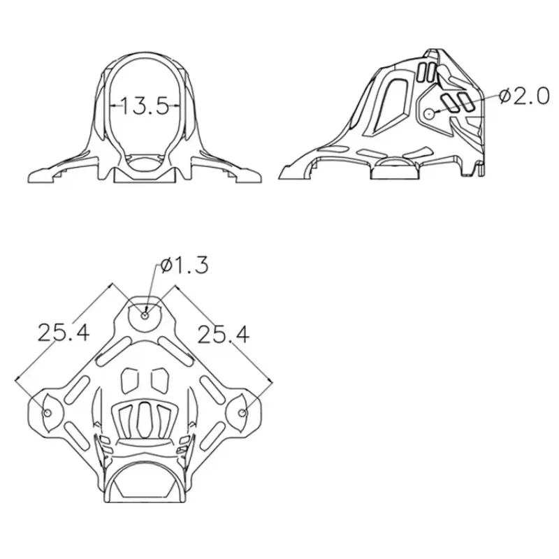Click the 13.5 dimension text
pyautogui.click(x=145, y=106)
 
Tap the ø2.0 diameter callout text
pyautogui.click(x=524, y=96)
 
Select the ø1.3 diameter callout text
pyautogui.click(x=184, y=266)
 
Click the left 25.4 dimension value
pyautogui.click(x=64, y=333)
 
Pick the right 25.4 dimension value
pyautogui.click(x=223, y=335)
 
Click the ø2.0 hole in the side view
pyautogui.click(x=429, y=114)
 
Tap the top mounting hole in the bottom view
pyautogui.click(x=145, y=316)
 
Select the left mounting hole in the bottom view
pyautogui.click(x=47, y=412)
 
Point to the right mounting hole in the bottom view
pyautogui.click(x=242, y=412)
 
